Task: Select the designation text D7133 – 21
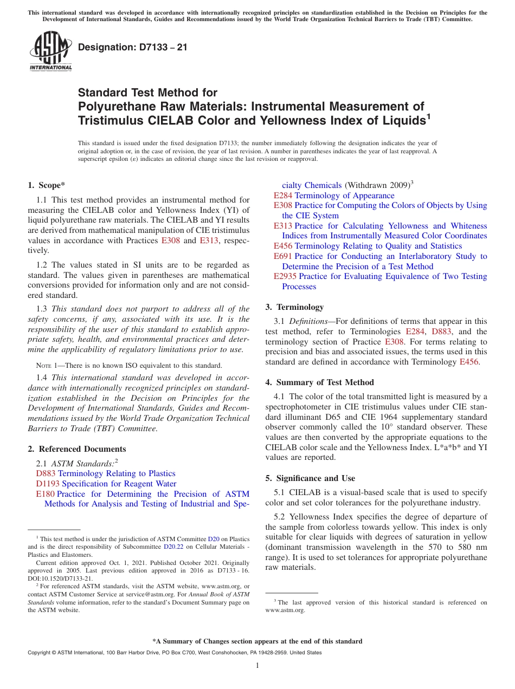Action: [133, 47]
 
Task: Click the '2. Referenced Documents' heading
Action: [76, 449]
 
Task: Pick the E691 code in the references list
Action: [283, 256]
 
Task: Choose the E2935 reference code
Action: [285, 276]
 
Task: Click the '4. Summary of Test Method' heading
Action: [319, 382]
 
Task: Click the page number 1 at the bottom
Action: [257, 666]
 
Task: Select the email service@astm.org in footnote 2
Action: [157, 594]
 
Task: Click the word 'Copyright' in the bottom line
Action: [40, 653]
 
